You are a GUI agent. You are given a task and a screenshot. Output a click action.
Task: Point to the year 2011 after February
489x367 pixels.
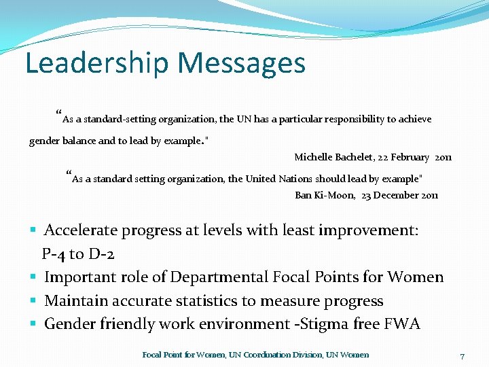point(443,157)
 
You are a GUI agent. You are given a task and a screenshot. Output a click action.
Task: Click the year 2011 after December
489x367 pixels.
point(429,195)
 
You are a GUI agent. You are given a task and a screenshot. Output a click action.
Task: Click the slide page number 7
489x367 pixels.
point(462,356)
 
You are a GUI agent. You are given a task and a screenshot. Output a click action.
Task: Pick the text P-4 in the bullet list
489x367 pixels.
point(54,254)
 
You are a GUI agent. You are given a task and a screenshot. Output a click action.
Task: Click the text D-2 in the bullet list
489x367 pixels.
point(101,254)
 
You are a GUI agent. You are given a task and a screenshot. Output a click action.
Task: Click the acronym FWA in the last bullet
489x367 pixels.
point(403,324)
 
